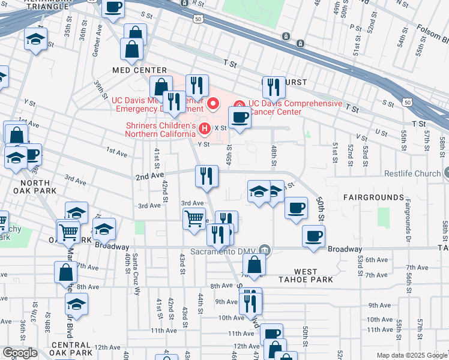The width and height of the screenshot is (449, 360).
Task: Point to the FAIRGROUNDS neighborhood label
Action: coord(373,197)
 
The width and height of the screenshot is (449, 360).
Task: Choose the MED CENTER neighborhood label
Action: coord(131,70)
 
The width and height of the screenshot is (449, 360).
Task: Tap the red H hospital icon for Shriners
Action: coord(205,128)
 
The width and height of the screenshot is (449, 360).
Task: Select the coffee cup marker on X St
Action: coord(240,117)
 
